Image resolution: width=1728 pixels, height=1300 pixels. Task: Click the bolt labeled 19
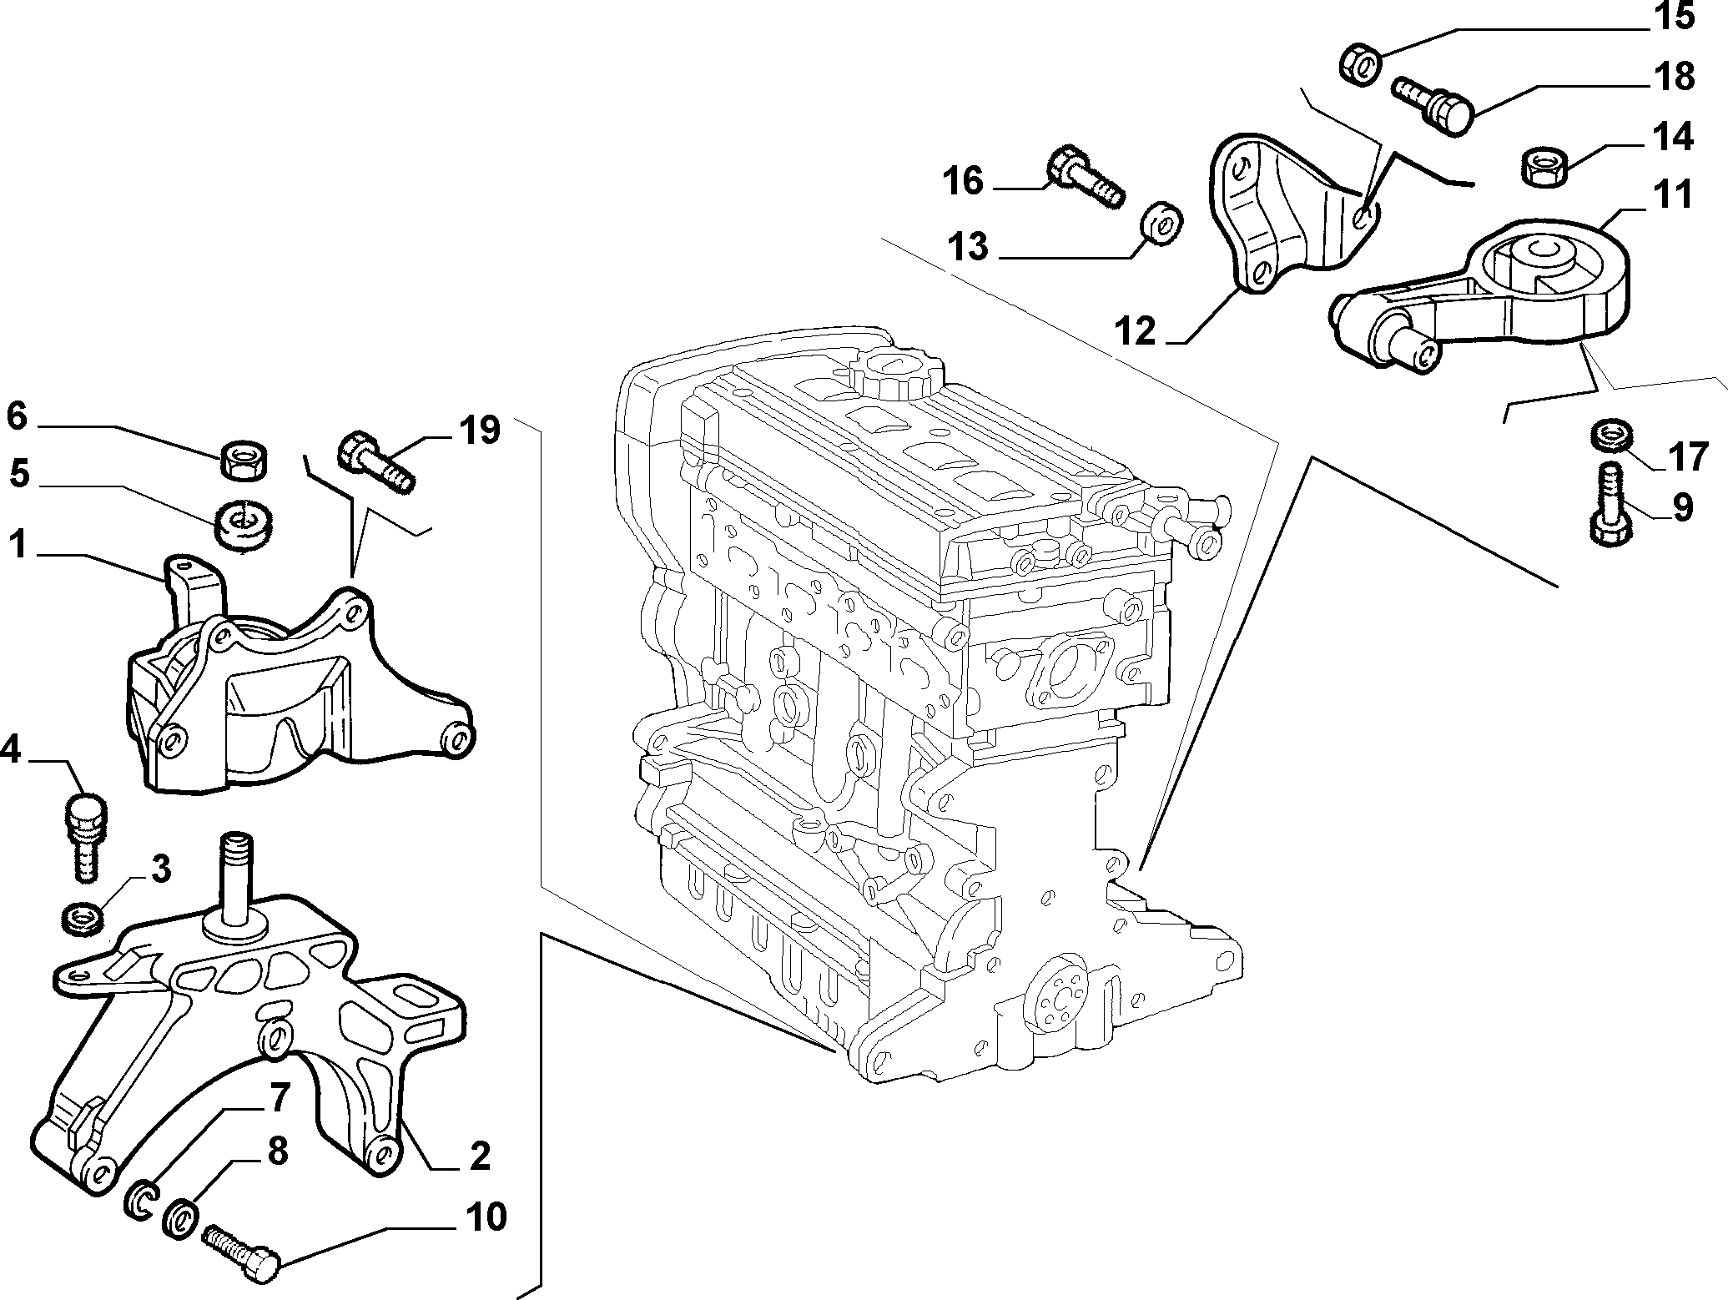[x=375, y=461]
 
